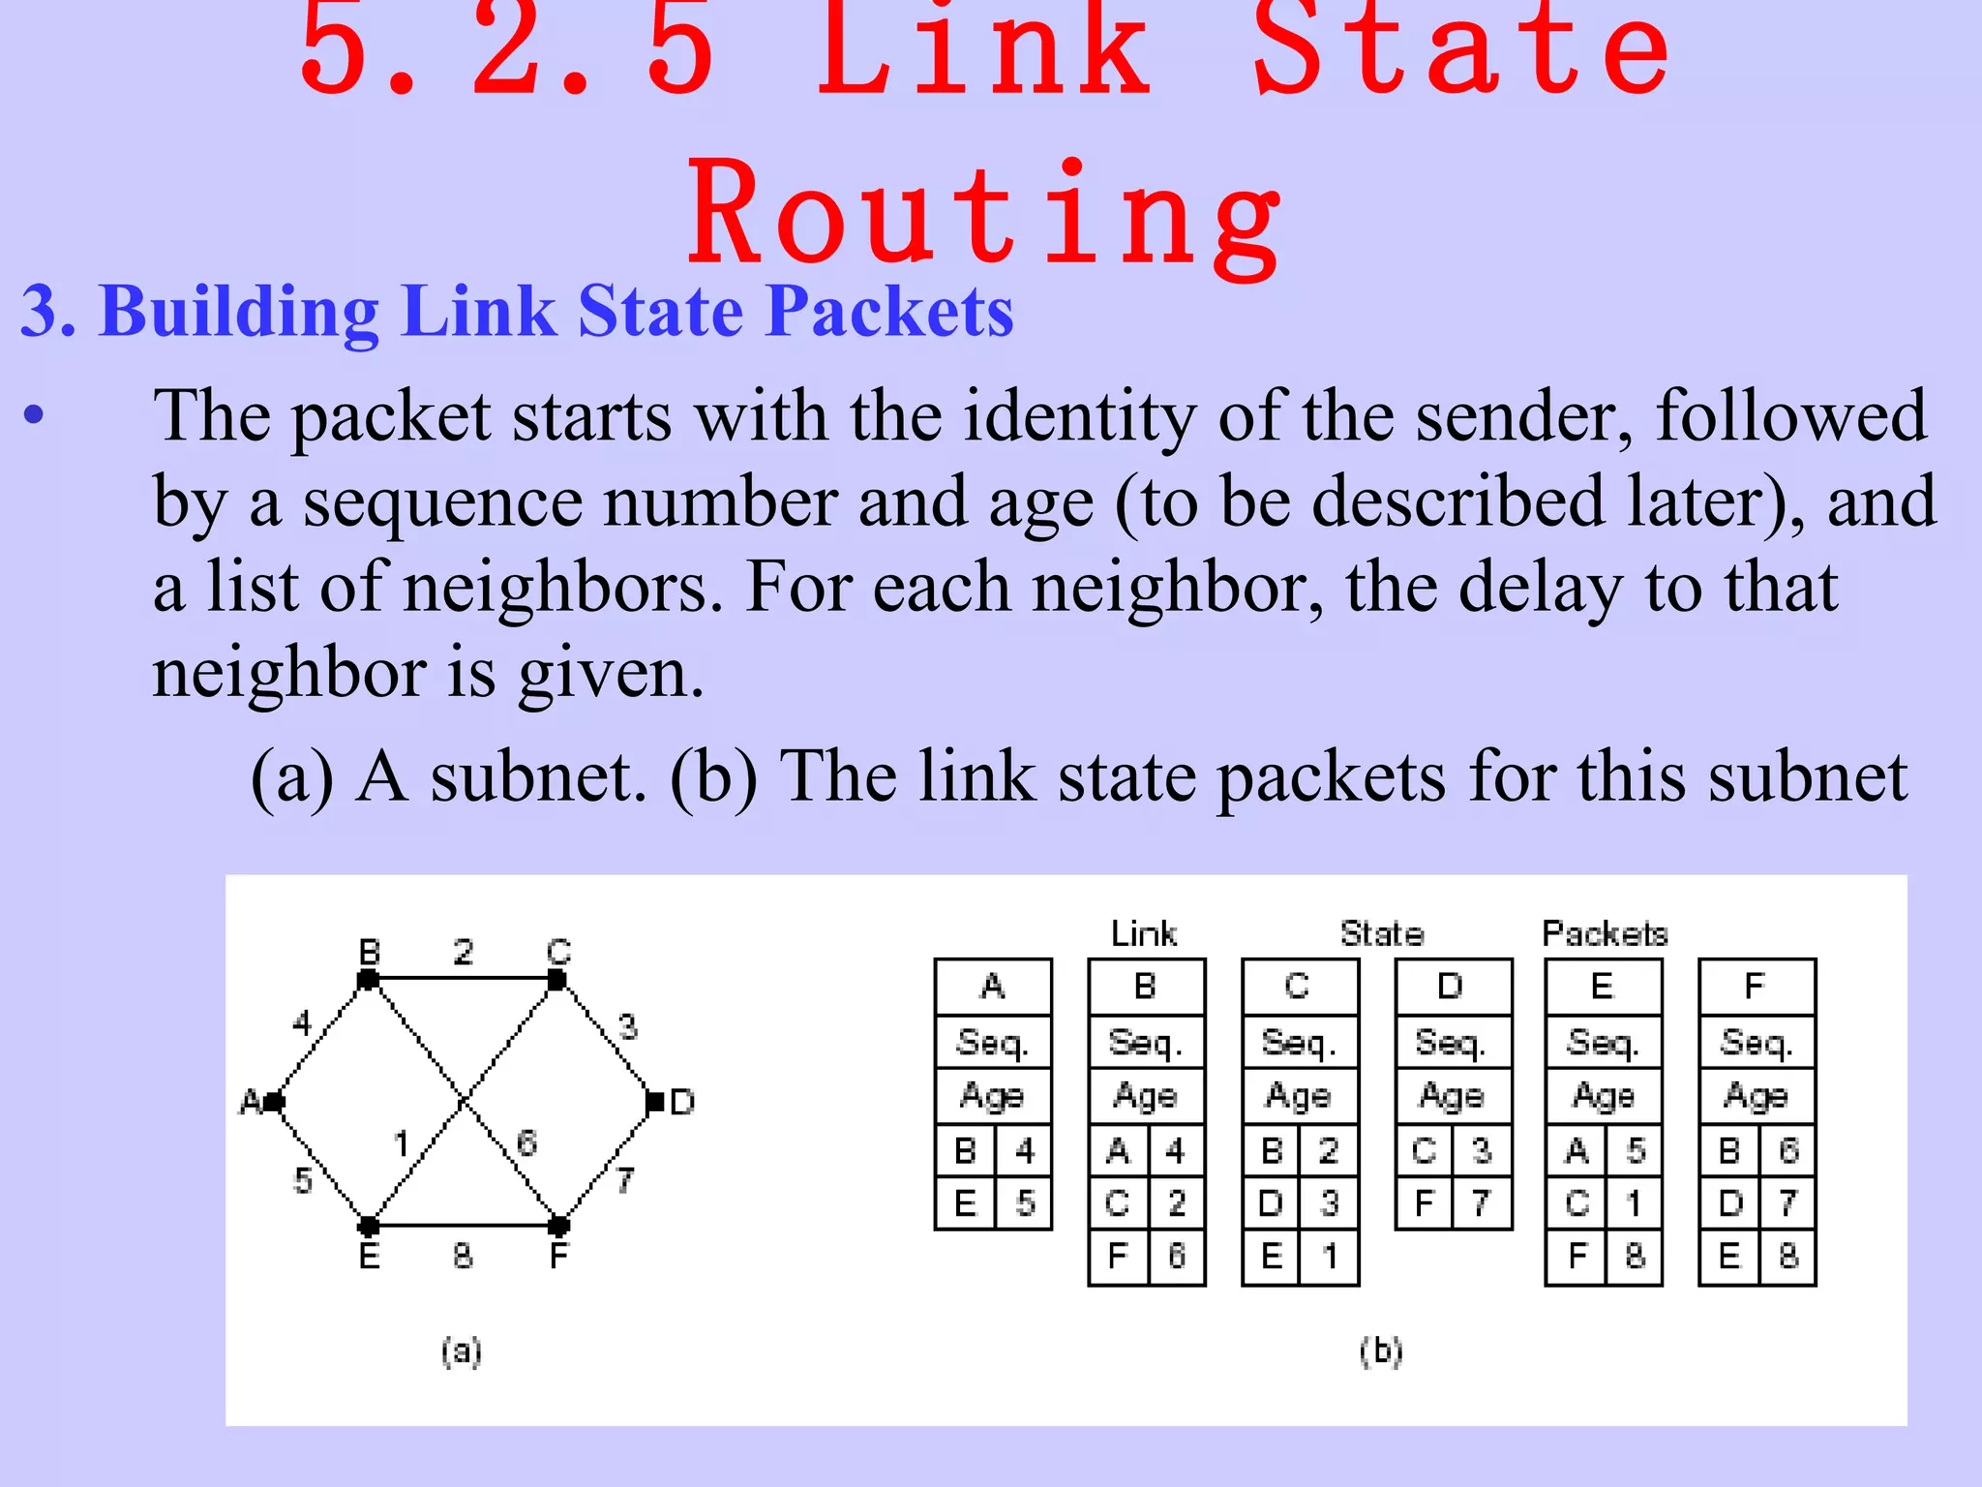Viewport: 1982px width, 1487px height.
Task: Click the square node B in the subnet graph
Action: [368, 980]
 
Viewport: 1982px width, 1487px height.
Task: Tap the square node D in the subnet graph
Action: [655, 1102]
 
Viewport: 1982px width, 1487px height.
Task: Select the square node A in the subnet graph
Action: [274, 1102]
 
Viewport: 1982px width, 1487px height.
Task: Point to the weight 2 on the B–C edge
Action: [464, 953]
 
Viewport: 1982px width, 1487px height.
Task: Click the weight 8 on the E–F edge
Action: [463, 1256]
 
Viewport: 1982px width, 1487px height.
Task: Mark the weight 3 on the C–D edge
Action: [628, 1026]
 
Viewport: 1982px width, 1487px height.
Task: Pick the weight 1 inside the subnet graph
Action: [402, 1144]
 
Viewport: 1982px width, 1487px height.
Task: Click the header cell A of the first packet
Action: [993, 986]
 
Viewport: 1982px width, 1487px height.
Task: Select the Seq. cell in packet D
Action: [1452, 1043]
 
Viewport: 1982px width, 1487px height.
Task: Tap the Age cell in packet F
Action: [1756, 1096]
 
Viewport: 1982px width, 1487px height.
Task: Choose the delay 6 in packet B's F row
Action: [1177, 1256]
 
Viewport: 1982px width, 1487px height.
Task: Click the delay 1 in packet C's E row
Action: [1330, 1256]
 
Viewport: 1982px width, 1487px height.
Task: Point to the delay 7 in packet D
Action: [1482, 1203]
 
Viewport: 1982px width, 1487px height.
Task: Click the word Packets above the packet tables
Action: [1605, 933]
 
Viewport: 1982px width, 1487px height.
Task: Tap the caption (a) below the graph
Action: [462, 1350]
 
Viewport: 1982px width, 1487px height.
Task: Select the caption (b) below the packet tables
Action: [1381, 1350]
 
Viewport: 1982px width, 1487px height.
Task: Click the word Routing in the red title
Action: [985, 215]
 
